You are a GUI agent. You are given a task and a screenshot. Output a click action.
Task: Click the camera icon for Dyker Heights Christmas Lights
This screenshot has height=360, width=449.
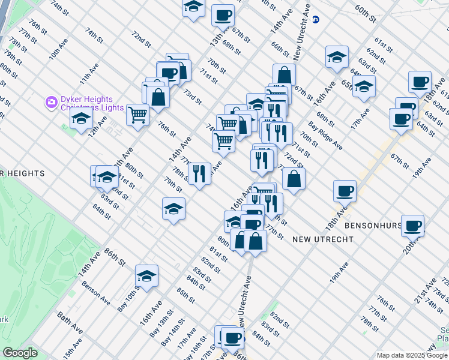point(51,103)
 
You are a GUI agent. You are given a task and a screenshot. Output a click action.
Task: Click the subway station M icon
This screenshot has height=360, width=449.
point(316,20)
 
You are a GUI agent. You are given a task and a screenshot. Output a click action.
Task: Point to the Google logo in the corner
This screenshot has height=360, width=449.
point(20,353)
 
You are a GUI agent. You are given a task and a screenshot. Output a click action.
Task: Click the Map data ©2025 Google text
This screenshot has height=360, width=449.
point(412,355)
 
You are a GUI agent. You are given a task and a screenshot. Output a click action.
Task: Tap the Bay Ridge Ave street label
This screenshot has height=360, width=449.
point(325,136)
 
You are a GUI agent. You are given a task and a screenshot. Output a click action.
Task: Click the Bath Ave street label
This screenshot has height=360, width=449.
point(70,322)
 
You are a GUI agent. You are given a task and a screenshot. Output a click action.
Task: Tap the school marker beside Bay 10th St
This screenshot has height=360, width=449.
point(146,276)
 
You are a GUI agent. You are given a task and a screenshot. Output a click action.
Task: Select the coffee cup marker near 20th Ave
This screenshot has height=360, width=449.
point(412,226)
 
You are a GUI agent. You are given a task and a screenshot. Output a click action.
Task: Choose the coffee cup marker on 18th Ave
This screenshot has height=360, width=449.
point(345,191)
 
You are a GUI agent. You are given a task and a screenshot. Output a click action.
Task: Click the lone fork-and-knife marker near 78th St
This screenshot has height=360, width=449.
point(199,173)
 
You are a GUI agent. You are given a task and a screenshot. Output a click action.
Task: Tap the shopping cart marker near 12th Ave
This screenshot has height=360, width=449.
point(138,113)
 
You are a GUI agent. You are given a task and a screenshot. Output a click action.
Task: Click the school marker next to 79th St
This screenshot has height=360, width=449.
point(173,209)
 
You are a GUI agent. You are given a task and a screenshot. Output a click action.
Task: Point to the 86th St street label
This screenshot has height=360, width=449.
point(115,257)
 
